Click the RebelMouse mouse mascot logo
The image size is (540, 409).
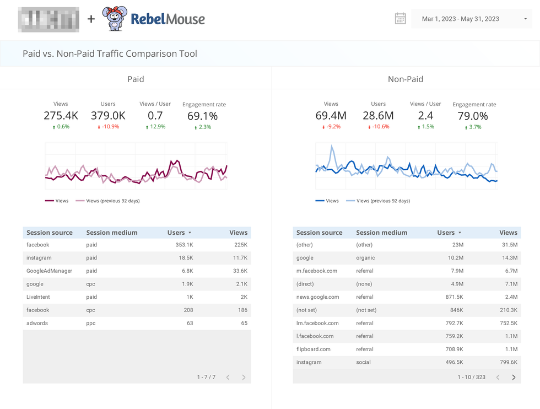click(115, 19)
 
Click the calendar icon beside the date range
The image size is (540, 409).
click(401, 19)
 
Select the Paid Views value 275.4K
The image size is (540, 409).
click(61, 116)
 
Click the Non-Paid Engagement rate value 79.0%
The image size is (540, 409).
click(473, 116)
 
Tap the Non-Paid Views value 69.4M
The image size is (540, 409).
click(331, 116)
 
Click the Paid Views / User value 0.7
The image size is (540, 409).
click(155, 116)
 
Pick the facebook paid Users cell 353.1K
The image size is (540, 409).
click(183, 245)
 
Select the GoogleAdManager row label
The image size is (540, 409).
click(49, 271)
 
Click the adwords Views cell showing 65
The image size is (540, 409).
click(244, 323)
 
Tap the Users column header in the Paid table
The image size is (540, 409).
click(176, 233)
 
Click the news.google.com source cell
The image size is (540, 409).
click(318, 297)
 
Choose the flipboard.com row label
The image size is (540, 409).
click(314, 349)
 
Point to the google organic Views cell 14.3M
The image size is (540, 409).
click(510, 258)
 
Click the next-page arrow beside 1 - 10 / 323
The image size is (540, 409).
click(514, 378)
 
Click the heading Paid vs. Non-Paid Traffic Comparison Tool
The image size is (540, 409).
click(110, 54)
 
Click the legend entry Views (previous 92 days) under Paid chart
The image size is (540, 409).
click(112, 201)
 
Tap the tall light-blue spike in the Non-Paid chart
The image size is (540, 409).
click(332, 148)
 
